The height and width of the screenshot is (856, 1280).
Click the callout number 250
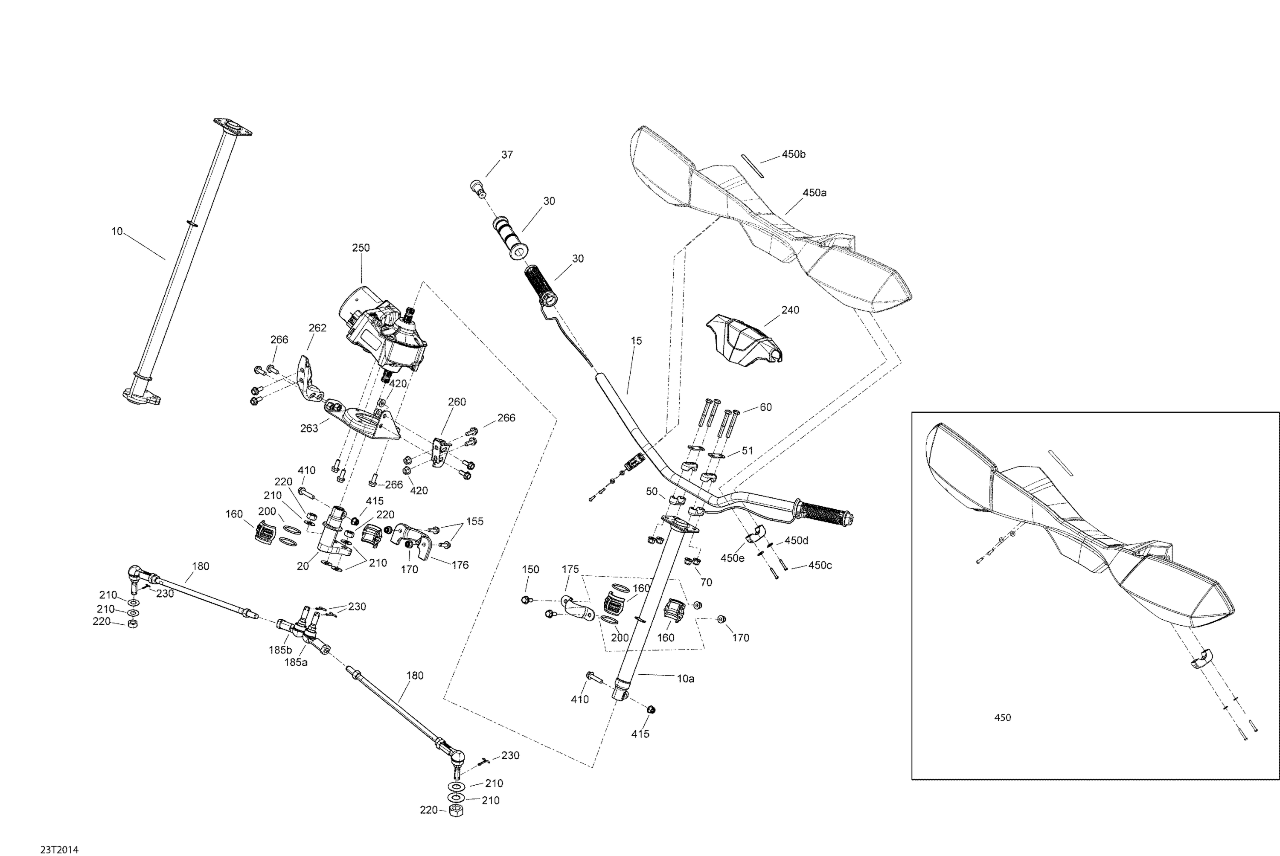361,248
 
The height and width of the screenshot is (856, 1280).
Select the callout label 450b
794,154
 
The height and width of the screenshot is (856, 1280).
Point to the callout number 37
507,155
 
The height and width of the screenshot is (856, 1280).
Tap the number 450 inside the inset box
1003,718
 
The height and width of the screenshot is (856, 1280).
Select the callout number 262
317,328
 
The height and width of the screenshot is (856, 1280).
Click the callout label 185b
280,650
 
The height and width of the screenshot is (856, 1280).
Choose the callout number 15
636,341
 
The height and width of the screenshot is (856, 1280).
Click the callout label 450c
820,566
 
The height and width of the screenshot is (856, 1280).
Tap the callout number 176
460,566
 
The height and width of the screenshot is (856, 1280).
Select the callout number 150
530,569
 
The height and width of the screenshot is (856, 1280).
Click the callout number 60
765,407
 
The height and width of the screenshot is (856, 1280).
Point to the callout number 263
309,429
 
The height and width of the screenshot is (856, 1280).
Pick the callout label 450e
732,558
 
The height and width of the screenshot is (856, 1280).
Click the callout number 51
747,451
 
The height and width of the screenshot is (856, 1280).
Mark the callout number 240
790,310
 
